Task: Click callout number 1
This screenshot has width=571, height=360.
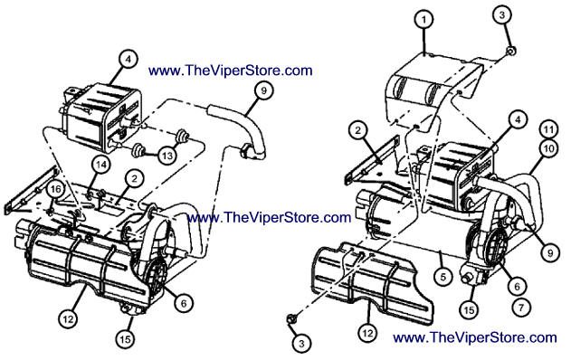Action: coord(423,20)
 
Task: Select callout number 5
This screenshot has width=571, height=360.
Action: coord(443,277)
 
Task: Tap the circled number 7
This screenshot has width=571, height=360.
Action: coord(521,308)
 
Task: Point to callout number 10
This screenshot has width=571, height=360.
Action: coord(548,148)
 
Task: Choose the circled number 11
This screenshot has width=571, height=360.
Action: coord(548,129)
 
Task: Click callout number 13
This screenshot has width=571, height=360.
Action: coord(167,156)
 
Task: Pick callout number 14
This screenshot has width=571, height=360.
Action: coord(101,165)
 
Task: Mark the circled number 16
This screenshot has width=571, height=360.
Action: coord(56,189)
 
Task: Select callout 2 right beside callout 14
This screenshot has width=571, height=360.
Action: coord(134,179)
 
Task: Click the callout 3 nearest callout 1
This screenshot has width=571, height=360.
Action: coord(502,15)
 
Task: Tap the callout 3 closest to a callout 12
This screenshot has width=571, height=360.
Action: coord(301,343)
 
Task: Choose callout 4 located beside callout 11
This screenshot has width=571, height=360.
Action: coord(519,119)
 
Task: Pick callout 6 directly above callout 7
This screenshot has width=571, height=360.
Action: coord(517,286)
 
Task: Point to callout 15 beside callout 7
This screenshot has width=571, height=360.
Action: coord(469,309)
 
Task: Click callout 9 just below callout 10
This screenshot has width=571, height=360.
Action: coord(550,251)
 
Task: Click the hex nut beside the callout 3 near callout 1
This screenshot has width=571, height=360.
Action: coord(511,52)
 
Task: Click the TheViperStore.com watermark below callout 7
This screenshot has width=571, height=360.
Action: coord(475,337)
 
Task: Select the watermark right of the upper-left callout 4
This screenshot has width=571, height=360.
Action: coord(231,71)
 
